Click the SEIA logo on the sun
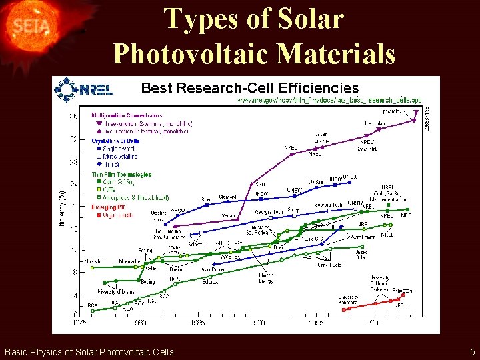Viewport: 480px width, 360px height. [x=25, y=27]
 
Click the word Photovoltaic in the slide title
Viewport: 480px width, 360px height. [x=254, y=53]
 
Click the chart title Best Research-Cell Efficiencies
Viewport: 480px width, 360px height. [x=250, y=88]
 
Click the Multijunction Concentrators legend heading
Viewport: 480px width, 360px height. [x=126, y=115]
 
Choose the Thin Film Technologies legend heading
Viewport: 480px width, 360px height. [x=121, y=175]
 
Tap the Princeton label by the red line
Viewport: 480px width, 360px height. [x=402, y=291]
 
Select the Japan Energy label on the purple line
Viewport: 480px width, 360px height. [x=321, y=137]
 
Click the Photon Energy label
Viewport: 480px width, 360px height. [x=266, y=278]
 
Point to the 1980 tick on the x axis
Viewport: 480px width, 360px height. [x=140, y=323]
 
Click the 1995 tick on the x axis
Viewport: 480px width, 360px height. [x=316, y=323]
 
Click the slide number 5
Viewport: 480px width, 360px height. [x=472, y=352]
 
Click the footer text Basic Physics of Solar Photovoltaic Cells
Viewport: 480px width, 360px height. [x=89, y=352]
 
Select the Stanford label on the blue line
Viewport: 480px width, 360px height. [x=227, y=197]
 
